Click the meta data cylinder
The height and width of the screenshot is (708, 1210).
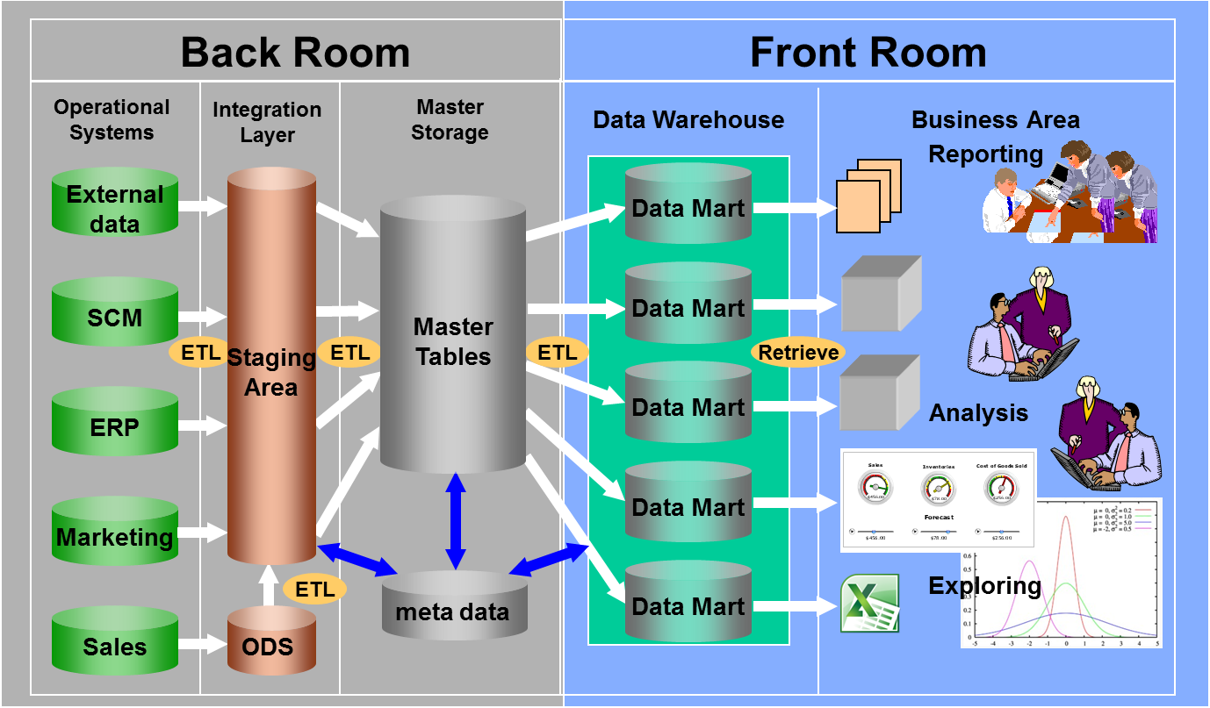coord(453,610)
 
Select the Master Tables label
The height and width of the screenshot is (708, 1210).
coord(453,341)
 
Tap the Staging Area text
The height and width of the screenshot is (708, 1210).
coord(271,372)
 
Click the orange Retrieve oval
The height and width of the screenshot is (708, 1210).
coord(798,353)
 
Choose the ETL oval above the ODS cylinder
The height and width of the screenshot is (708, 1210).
coord(315,589)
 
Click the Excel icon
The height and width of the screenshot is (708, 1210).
coord(869,603)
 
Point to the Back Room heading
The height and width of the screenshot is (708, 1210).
coord(295,52)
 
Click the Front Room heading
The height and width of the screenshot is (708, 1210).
coord(868,52)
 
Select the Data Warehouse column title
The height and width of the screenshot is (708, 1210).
coord(688,119)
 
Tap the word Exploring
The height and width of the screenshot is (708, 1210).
coord(984,585)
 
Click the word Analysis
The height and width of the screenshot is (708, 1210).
coord(978,412)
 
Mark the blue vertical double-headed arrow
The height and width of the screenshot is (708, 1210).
coord(455,521)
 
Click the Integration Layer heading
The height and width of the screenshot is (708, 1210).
coord(267,122)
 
